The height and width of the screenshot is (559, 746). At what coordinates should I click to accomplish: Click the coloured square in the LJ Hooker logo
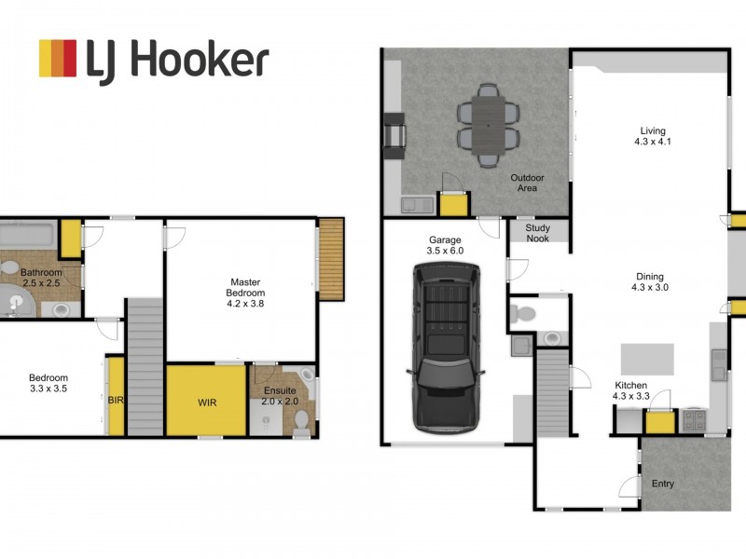pyautogui.click(x=57, y=58)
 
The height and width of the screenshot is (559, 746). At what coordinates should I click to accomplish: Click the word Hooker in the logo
pyautogui.click(x=199, y=60)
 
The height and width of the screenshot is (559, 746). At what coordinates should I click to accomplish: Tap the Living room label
pyautogui.click(x=652, y=136)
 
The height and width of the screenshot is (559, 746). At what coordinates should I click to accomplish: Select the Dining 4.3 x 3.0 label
pyautogui.click(x=649, y=281)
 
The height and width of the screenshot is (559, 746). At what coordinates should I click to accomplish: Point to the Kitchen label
pyautogui.click(x=631, y=390)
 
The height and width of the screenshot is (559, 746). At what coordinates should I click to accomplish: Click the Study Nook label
pyautogui.click(x=537, y=232)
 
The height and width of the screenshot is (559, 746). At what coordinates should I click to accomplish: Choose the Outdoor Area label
pyautogui.click(x=527, y=183)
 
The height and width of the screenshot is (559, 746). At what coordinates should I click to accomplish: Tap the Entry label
pyautogui.click(x=663, y=484)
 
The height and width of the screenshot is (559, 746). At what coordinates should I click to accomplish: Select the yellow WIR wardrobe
pyautogui.click(x=206, y=401)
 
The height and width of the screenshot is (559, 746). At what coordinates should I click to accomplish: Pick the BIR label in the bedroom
pyautogui.click(x=117, y=400)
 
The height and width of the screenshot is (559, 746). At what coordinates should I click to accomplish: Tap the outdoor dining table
pyautogui.click(x=486, y=125)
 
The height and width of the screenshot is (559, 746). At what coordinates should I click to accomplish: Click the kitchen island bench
pyautogui.click(x=647, y=358)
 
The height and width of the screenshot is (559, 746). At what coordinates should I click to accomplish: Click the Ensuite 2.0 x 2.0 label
pyautogui.click(x=280, y=396)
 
